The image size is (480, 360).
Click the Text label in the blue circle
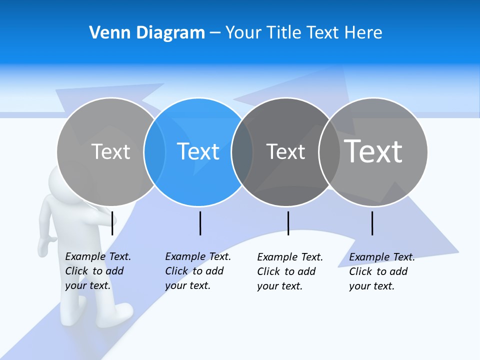[198, 151]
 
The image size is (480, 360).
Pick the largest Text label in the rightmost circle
[373, 151]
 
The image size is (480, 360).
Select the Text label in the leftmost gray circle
[110, 151]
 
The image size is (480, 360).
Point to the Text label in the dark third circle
[285, 151]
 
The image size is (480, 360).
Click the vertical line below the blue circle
[200, 223]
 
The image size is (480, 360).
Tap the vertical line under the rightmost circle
[372, 223]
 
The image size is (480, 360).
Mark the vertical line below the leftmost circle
[112, 223]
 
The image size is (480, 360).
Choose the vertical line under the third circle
[288, 223]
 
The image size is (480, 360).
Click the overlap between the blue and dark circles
[242, 152]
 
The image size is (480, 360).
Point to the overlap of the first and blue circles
[154, 152]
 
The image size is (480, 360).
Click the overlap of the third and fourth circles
[329, 152]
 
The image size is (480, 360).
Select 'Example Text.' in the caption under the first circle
[98, 256]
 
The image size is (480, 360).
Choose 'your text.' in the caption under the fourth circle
[371, 286]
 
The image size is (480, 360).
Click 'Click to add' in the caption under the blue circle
[194, 271]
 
